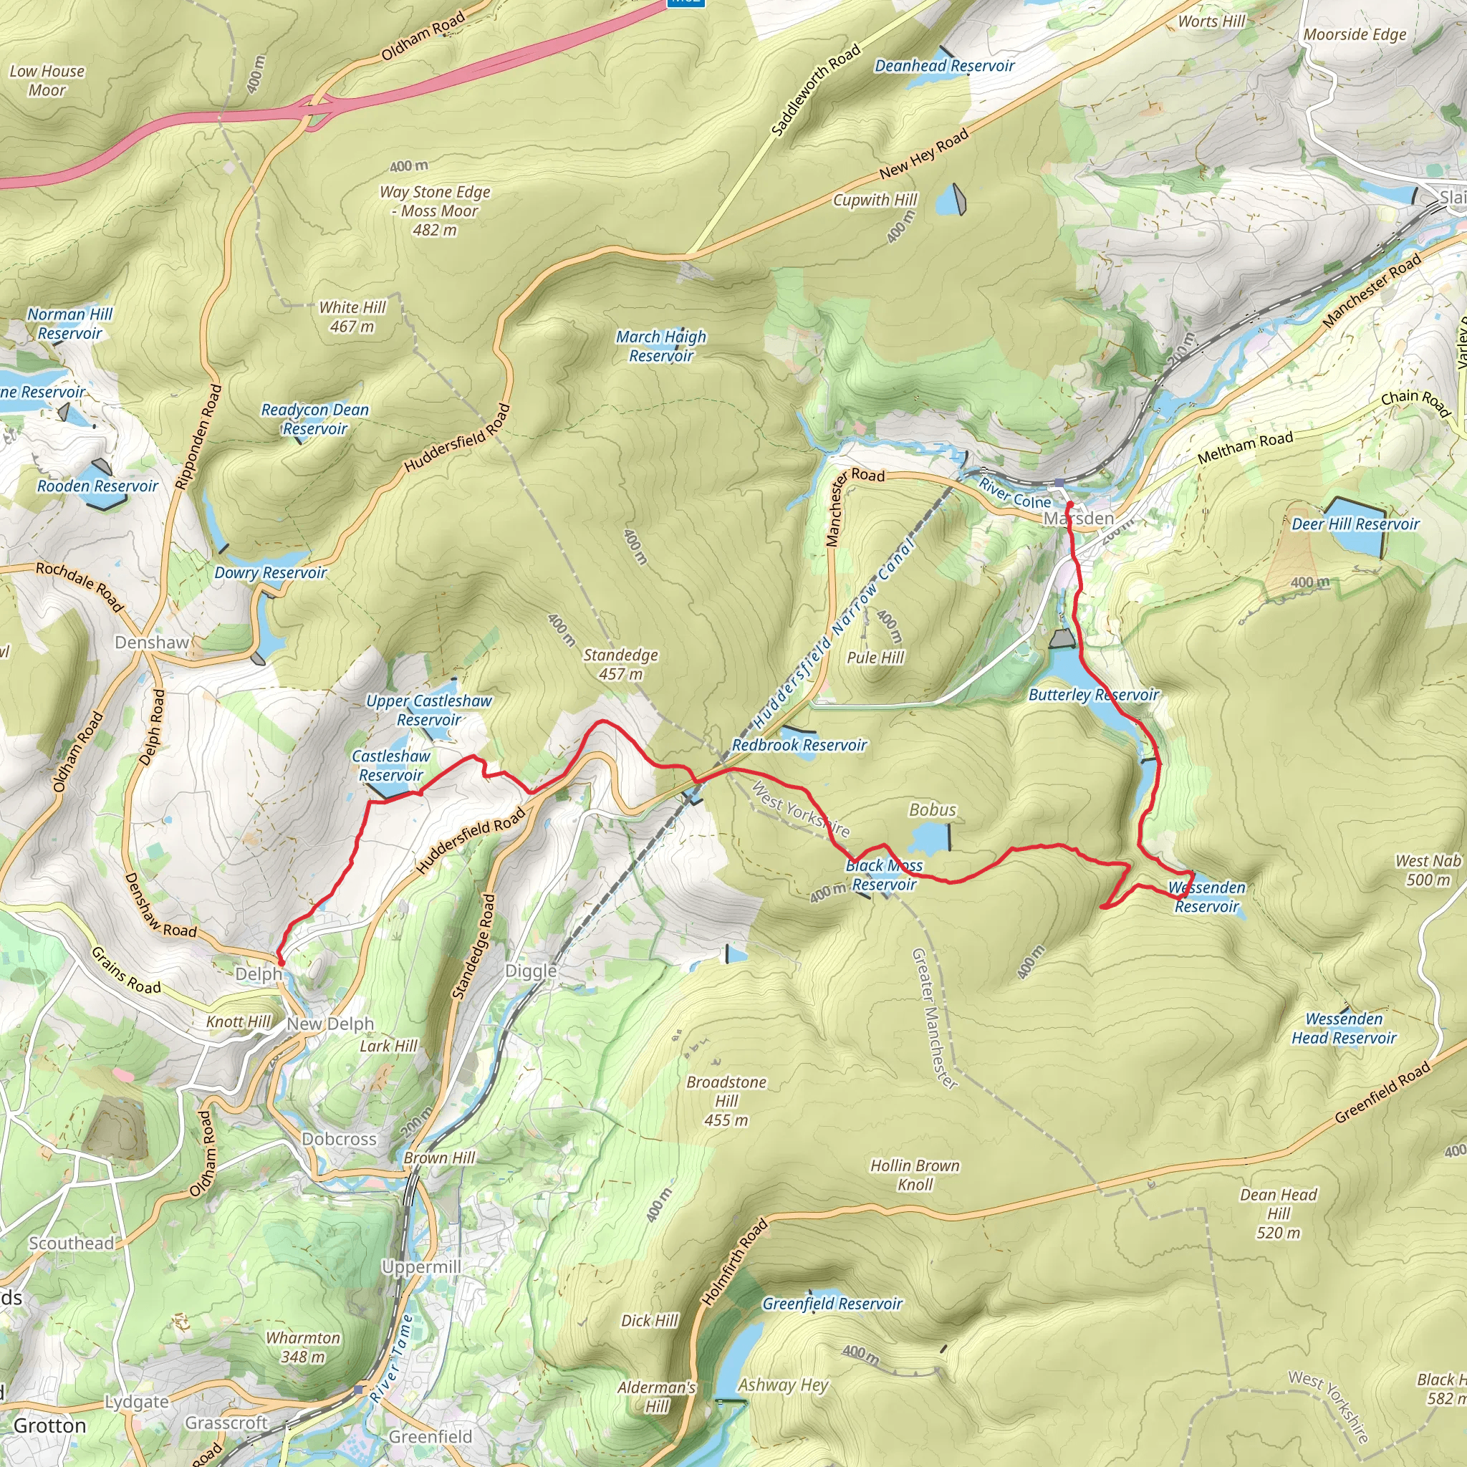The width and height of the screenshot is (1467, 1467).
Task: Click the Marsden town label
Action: (x=1078, y=519)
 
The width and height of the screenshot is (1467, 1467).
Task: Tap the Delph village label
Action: (x=258, y=974)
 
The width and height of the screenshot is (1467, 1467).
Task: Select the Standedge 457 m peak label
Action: (x=620, y=665)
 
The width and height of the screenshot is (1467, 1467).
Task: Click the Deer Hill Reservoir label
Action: (x=1355, y=524)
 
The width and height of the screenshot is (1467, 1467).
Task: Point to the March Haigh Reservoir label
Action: (x=660, y=346)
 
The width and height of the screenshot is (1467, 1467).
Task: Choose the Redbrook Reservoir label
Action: (x=799, y=745)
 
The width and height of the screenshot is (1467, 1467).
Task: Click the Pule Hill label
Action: (x=875, y=658)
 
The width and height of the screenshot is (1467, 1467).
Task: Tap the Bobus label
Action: (x=933, y=810)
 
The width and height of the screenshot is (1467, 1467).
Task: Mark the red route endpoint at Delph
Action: (x=281, y=963)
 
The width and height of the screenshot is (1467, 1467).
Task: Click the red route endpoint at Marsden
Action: (x=1069, y=504)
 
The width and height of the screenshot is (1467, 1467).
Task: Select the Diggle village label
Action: (x=531, y=971)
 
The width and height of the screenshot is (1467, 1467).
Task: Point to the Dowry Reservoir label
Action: (x=270, y=572)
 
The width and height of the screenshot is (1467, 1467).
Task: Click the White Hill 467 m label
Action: (x=352, y=317)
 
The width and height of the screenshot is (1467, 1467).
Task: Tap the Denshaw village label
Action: (x=152, y=643)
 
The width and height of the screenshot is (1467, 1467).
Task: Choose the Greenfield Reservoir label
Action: (x=832, y=1304)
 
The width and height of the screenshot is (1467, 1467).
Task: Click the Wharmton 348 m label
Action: (x=303, y=1347)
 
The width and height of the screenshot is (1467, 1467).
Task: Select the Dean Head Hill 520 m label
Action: (x=1279, y=1213)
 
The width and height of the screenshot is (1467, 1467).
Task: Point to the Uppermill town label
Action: (x=421, y=1267)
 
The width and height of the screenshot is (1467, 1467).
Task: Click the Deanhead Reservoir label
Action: (x=945, y=66)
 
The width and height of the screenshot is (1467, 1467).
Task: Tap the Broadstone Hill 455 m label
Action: (x=726, y=1101)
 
